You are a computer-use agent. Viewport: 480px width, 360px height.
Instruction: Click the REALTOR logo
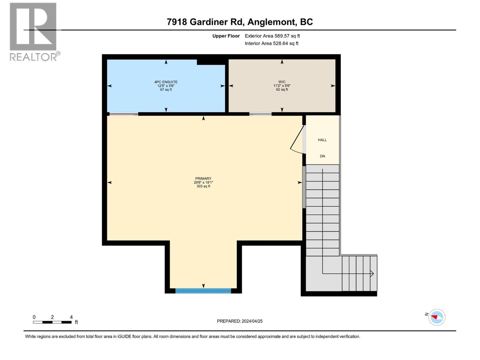point(34,32)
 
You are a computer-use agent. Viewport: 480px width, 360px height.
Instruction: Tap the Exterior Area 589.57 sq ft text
point(272,36)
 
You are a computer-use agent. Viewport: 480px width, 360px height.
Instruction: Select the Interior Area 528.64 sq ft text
point(271,43)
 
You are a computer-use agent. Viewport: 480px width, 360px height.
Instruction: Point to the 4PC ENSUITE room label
point(166,82)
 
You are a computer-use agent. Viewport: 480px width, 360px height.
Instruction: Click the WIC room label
point(282,82)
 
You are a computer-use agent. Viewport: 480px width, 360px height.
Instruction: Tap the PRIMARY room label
point(203,178)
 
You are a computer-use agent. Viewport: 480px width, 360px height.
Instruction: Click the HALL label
point(322,140)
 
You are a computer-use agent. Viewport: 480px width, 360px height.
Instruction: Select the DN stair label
point(322,156)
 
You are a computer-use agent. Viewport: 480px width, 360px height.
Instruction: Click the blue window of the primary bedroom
point(203,291)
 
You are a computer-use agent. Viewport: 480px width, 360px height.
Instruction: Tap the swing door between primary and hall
point(298,139)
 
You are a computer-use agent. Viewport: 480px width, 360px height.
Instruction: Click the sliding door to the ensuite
point(124,114)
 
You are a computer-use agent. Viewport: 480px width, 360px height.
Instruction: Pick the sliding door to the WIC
point(260,114)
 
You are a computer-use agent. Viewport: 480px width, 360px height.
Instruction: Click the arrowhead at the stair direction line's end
point(372,273)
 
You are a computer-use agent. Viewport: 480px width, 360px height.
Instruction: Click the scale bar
point(52,322)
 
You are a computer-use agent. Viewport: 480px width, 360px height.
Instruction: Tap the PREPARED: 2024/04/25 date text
point(240,321)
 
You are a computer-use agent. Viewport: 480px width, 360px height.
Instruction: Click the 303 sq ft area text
point(203,186)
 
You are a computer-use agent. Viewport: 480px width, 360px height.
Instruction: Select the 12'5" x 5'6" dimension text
point(166,86)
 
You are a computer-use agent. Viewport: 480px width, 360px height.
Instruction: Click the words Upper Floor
point(226,36)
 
